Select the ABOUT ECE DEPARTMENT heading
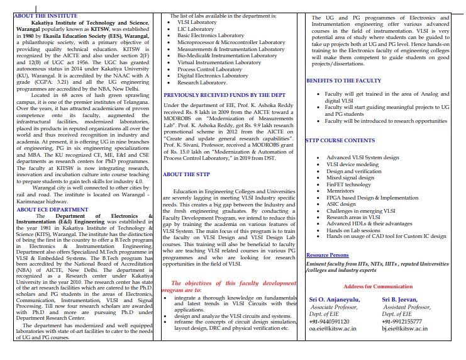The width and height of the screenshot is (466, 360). tap(43, 191)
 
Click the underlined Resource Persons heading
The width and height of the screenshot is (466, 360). tap(327, 255)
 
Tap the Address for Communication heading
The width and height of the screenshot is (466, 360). tap(377, 286)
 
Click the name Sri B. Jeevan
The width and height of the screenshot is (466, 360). tap(401, 300)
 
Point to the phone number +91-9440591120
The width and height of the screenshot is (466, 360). tap(332, 321)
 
